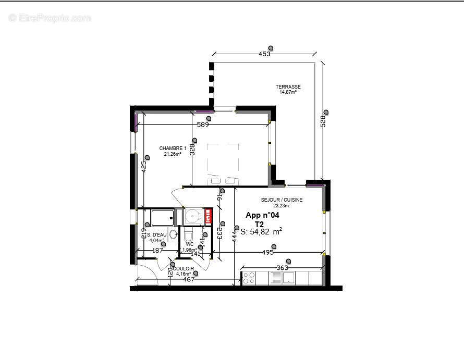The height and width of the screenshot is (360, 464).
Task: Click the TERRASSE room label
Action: click(288, 87)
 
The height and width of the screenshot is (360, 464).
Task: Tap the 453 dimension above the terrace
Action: click(265, 54)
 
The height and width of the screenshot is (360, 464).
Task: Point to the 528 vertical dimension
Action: click(323, 121)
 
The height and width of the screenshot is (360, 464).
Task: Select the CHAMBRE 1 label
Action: click(173, 148)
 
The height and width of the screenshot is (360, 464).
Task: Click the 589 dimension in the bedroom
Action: click(203, 125)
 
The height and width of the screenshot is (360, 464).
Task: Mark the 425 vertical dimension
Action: click(144, 166)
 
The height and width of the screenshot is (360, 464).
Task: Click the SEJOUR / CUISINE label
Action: click(282, 200)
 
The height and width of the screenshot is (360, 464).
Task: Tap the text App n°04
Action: click(263, 215)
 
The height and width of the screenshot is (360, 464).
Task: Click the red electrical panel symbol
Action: click(209, 217)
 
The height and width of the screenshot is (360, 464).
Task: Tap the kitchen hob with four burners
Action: click(248, 279)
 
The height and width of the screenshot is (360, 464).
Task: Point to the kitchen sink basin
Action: click(289, 279)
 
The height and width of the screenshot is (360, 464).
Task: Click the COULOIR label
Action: click(184, 269)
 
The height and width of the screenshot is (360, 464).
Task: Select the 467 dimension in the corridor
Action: click(189, 280)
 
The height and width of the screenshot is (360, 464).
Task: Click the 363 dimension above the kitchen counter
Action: click(283, 268)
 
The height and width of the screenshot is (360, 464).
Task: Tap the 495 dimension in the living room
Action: click(267, 253)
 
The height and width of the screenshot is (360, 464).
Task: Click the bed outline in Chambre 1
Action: click(223, 162)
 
